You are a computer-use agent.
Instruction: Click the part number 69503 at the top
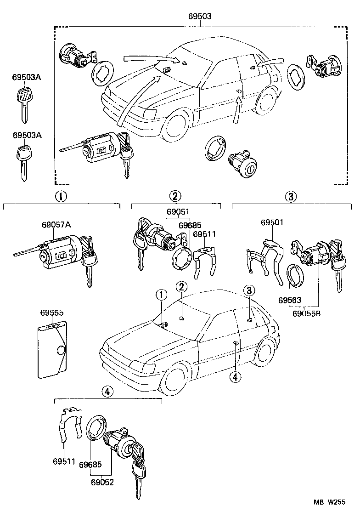[200, 16]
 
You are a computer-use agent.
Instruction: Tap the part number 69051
[178, 212]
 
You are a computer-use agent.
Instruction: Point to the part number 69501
[272, 222]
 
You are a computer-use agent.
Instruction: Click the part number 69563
[289, 300]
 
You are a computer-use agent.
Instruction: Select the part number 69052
[102, 482]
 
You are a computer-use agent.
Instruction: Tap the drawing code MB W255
[330, 516]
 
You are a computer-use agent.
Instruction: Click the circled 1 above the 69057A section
[61, 196]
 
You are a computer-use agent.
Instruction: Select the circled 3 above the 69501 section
[290, 197]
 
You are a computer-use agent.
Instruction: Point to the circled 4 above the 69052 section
[107, 392]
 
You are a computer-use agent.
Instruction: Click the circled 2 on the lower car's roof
[182, 287]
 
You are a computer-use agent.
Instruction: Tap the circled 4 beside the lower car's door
[235, 377]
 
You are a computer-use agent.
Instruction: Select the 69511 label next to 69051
[204, 234]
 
